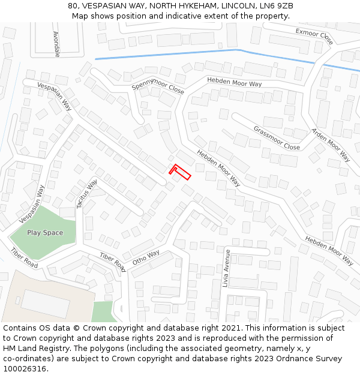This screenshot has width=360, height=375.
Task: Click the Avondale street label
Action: click(x=56, y=44)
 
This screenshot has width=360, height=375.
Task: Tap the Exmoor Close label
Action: click(x=314, y=37)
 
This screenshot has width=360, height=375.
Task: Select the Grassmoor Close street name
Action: click(x=277, y=138)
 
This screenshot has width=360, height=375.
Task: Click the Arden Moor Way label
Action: click(x=331, y=145)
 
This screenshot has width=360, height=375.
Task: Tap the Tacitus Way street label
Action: click(x=87, y=194)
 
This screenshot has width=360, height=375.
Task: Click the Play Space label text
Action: click(x=45, y=233)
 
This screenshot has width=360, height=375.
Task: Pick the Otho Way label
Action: click(x=146, y=257)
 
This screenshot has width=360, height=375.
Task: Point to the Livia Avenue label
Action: click(x=227, y=268)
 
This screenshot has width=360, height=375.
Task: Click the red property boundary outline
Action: click(x=181, y=172)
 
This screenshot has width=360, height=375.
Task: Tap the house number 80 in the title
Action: click(x=73, y=5)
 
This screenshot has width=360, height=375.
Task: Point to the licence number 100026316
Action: click(x=25, y=369)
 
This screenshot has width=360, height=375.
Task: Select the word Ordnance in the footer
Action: click(x=286, y=359)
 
